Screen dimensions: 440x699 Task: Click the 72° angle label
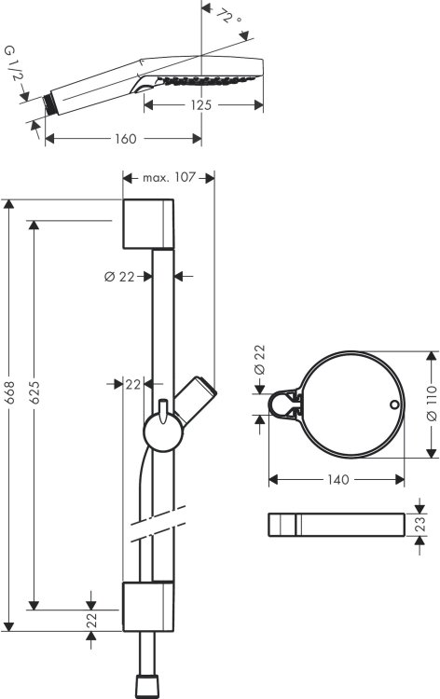pyautogui.click(x=230, y=18)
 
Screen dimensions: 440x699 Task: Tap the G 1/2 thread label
pyautogui.click(x=14, y=63)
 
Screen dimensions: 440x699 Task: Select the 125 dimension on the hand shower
pyautogui.click(x=201, y=105)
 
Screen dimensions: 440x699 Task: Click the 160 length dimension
pyautogui.click(x=125, y=139)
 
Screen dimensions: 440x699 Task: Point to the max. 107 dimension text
pyautogui.click(x=169, y=178)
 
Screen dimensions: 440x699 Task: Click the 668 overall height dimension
pyautogui.click(x=9, y=392)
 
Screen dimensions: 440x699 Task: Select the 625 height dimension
pyautogui.click(x=34, y=392)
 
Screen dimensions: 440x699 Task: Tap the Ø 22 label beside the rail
pyautogui.click(x=119, y=277)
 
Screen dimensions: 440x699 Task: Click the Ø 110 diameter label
pyautogui.click(x=432, y=404)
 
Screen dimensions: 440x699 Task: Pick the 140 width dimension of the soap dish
pyautogui.click(x=338, y=480)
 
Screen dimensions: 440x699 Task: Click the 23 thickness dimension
pyautogui.click(x=420, y=524)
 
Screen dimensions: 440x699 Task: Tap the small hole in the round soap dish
pyautogui.click(x=394, y=404)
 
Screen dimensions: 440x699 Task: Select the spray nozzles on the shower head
pyautogui.click(x=209, y=81)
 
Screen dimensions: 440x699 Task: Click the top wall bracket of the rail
pyautogui.click(x=148, y=224)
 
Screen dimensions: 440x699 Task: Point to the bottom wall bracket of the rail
pyautogui.click(x=148, y=607)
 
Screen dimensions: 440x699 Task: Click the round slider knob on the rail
pyautogui.click(x=163, y=432)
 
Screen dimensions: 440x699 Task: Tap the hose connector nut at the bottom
pyautogui.click(x=146, y=685)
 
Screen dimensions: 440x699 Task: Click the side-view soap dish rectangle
pyautogui.click(x=337, y=525)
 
